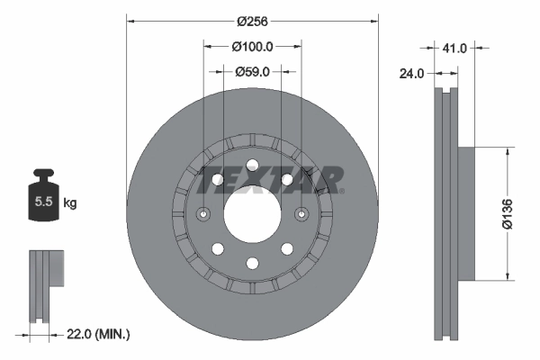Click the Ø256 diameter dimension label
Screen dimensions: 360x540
(x=252, y=19)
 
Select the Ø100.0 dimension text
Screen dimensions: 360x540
(x=252, y=45)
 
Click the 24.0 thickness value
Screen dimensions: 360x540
(x=413, y=76)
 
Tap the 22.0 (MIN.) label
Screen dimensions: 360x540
(x=99, y=334)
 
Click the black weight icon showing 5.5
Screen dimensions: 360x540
(x=42, y=200)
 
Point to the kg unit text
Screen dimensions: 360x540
(x=70, y=203)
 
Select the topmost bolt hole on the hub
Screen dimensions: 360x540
(x=252, y=166)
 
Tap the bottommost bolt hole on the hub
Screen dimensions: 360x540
(x=252, y=263)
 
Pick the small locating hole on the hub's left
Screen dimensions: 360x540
(x=203, y=214)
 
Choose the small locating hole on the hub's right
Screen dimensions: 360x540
(x=301, y=214)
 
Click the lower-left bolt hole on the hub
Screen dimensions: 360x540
(x=218, y=248)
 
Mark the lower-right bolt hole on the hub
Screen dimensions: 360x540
(x=286, y=248)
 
